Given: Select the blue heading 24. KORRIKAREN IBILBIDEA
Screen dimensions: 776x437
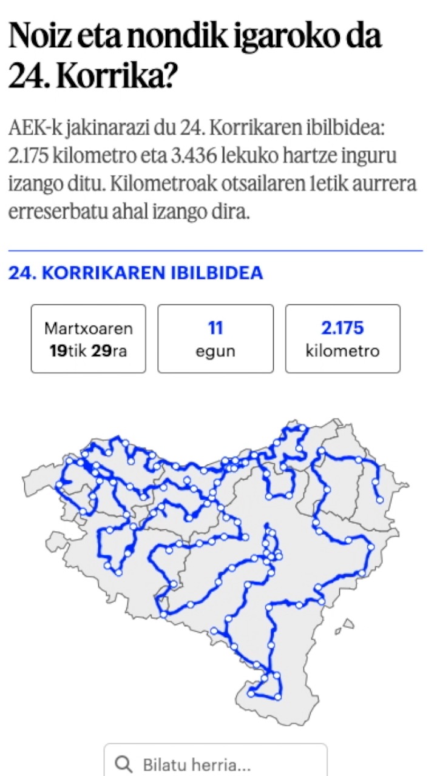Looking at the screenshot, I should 135,273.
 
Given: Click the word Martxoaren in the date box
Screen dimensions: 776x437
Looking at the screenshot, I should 89,329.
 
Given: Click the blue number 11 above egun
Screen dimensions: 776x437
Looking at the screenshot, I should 215,329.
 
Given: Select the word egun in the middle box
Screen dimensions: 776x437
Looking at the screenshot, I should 215,351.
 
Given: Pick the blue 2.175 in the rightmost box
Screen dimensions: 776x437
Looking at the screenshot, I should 343,329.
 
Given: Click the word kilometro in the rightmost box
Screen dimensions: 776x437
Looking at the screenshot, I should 343,351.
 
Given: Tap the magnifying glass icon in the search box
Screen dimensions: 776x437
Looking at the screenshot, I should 125,764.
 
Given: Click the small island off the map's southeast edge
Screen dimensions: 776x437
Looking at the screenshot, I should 347,624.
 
